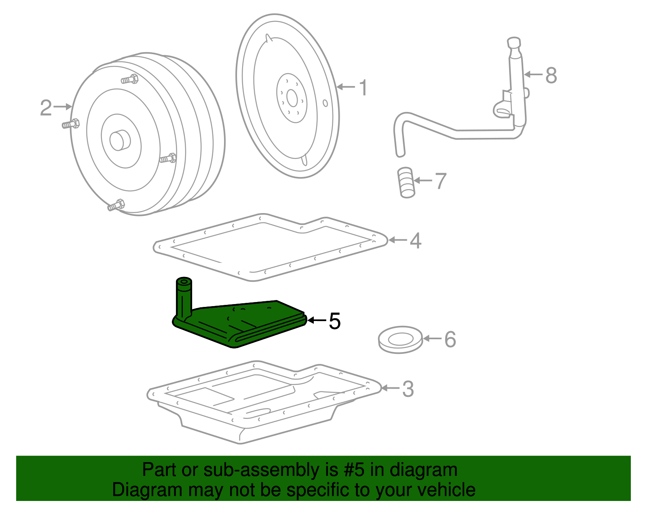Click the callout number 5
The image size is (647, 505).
click(x=334, y=321)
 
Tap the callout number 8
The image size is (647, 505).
click(x=551, y=75)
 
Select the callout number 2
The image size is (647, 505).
click(x=46, y=108)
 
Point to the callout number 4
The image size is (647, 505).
click(x=416, y=241)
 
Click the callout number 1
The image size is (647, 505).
click(x=364, y=87)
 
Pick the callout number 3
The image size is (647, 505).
click(x=408, y=389)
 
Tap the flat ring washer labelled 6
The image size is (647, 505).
click(x=400, y=340)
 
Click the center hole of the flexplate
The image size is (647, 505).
click(x=292, y=98)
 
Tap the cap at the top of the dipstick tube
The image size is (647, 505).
click(x=514, y=43)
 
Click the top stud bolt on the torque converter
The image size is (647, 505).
click(x=130, y=79)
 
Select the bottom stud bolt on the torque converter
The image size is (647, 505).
click(x=116, y=205)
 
